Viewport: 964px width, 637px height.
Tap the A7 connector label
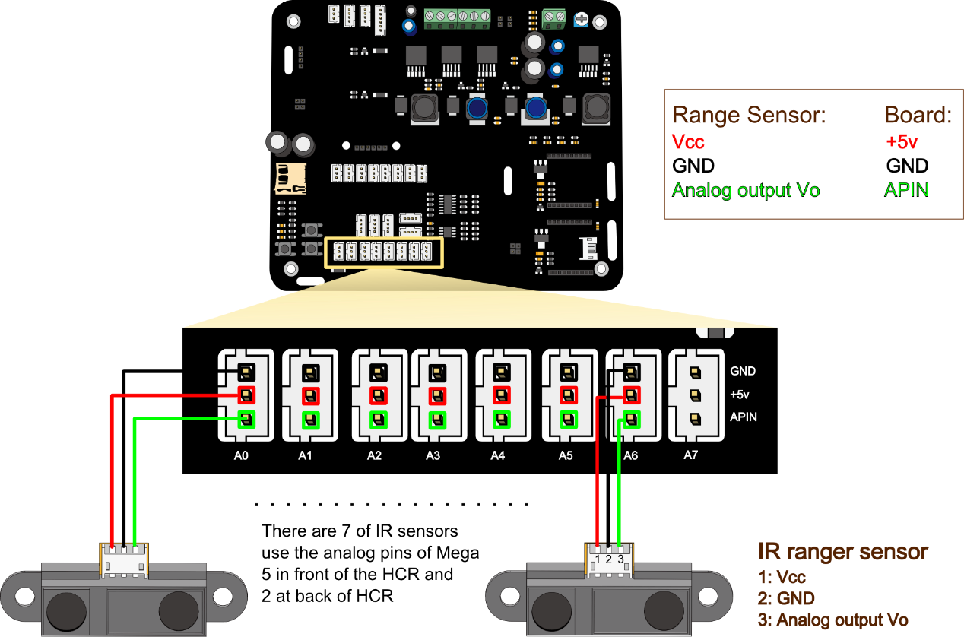(x=690, y=456)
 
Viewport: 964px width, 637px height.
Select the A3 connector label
(x=433, y=456)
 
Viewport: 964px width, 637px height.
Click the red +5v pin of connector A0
(x=246, y=395)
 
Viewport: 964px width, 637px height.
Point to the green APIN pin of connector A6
(x=631, y=418)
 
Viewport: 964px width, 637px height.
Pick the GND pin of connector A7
(x=694, y=372)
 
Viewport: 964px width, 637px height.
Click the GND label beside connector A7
(x=743, y=372)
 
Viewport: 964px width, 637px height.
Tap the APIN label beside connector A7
(x=744, y=417)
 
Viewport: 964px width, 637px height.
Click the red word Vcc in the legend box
(x=689, y=142)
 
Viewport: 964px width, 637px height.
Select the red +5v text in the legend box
(x=902, y=142)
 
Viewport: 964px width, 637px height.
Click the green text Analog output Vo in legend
(x=746, y=190)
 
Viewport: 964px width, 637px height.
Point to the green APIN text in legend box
(x=907, y=190)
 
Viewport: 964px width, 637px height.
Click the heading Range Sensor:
(x=749, y=116)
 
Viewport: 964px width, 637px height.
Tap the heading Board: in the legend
(x=918, y=116)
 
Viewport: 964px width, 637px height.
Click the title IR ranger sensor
(x=843, y=551)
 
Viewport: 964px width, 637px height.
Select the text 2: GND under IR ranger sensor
(x=786, y=598)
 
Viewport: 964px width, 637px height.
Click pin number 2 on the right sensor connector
(x=610, y=559)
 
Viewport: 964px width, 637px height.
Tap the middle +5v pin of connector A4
(x=502, y=395)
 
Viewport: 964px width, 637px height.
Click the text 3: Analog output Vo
(x=832, y=620)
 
